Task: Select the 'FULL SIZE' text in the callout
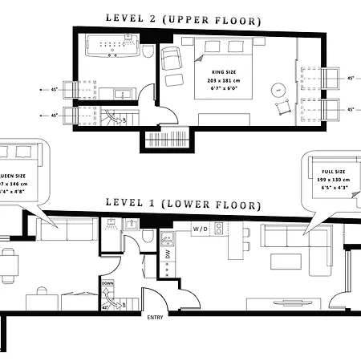pyautogui.click(x=333, y=172)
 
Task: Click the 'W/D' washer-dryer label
pyautogui.click(x=201, y=229)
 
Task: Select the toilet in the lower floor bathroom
pyautogui.click(x=148, y=237)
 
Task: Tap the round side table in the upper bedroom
pyautogui.click(x=277, y=88)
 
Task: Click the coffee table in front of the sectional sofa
pyautogui.click(x=286, y=262)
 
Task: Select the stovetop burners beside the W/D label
pyautogui.click(x=167, y=237)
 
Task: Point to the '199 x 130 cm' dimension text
pyautogui.click(x=335, y=180)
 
